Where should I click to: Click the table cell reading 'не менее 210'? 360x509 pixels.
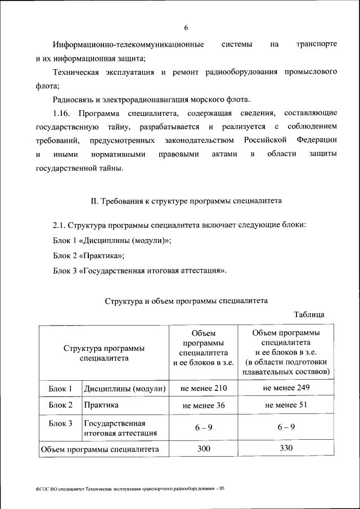204,389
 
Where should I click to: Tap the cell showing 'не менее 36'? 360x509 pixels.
204,405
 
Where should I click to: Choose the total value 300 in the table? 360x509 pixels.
204,448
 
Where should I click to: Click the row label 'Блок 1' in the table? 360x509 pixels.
60,389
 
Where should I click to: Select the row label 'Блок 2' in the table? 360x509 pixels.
60,405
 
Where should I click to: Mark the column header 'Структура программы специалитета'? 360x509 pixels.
104,353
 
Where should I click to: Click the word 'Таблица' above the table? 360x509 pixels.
309,315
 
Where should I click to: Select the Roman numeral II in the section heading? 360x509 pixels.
94,200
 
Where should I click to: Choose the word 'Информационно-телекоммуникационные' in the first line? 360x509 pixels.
128,44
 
